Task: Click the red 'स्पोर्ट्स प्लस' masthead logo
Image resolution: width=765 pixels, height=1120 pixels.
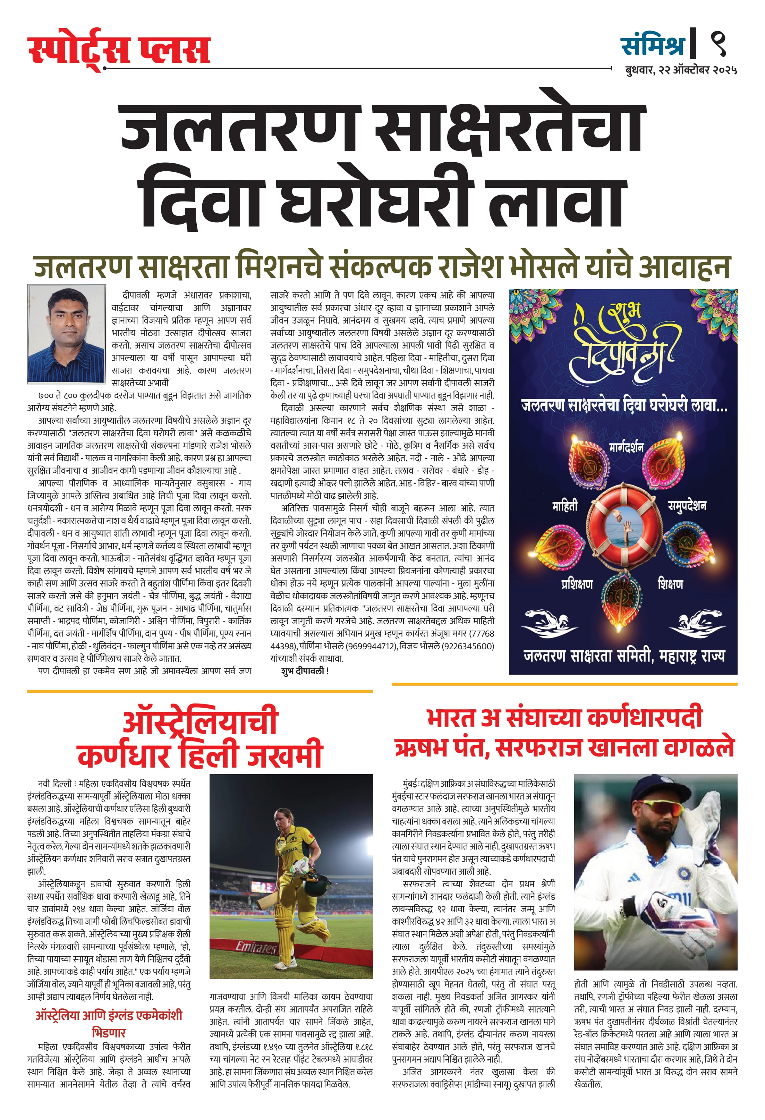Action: click(x=119, y=50)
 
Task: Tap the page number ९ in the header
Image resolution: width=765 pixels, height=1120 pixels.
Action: click(x=718, y=44)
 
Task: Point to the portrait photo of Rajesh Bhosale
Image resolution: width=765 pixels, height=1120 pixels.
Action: click(x=67, y=333)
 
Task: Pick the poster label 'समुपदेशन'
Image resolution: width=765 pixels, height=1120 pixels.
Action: click(x=687, y=505)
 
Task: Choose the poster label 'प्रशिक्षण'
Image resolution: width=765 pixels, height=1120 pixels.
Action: click(x=577, y=584)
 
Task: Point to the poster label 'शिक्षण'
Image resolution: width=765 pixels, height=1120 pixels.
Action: click(x=671, y=584)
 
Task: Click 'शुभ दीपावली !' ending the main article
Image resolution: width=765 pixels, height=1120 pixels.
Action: click(x=305, y=671)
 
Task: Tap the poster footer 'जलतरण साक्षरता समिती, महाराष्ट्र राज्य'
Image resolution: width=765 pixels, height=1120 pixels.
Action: click(x=624, y=656)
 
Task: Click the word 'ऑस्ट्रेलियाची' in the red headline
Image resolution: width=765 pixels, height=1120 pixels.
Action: click(x=200, y=721)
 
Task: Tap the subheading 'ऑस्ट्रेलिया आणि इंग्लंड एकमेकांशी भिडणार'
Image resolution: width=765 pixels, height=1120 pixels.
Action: click(x=109, y=1023)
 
